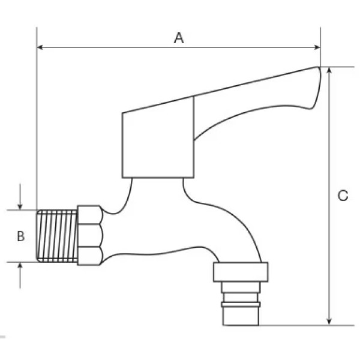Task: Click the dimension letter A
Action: [x=179, y=38]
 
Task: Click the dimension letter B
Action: [x=20, y=236]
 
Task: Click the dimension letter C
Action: [x=343, y=196]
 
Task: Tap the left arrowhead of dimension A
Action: [x=40, y=47]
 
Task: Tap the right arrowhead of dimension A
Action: [x=317, y=47]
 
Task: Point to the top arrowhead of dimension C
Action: [x=329, y=70]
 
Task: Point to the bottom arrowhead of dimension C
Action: [x=329, y=322]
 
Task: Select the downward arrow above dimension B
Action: [x=20, y=197]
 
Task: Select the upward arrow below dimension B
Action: [x=20, y=275]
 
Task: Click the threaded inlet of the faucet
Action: [x=57, y=236]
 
